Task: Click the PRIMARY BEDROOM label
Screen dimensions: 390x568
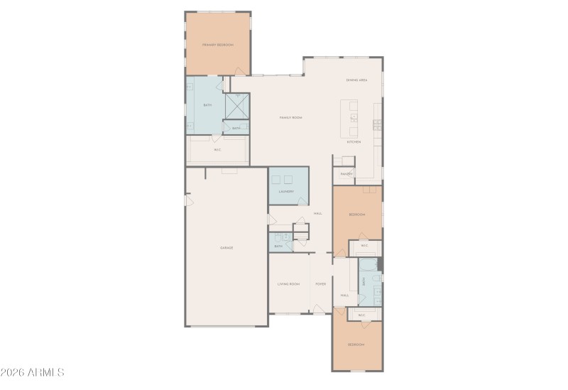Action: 218,45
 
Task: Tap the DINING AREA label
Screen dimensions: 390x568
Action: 356,80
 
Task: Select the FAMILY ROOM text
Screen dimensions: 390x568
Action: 291,117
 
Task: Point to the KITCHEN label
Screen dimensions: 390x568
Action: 354,142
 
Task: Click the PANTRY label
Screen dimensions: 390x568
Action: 346,173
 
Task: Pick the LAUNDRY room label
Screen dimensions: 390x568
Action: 286,192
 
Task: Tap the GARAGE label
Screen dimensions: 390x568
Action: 226,247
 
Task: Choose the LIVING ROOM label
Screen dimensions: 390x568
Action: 288,284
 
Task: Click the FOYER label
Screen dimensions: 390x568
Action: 321,284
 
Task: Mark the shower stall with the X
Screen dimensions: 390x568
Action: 237,105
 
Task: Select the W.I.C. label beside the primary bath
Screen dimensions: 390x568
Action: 217,150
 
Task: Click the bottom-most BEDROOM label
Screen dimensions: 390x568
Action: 356,345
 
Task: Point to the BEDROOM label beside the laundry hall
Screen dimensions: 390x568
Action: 356,215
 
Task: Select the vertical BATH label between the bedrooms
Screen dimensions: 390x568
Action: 364,281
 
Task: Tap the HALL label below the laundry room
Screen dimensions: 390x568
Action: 318,213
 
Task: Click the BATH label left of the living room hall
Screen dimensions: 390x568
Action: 279,246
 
